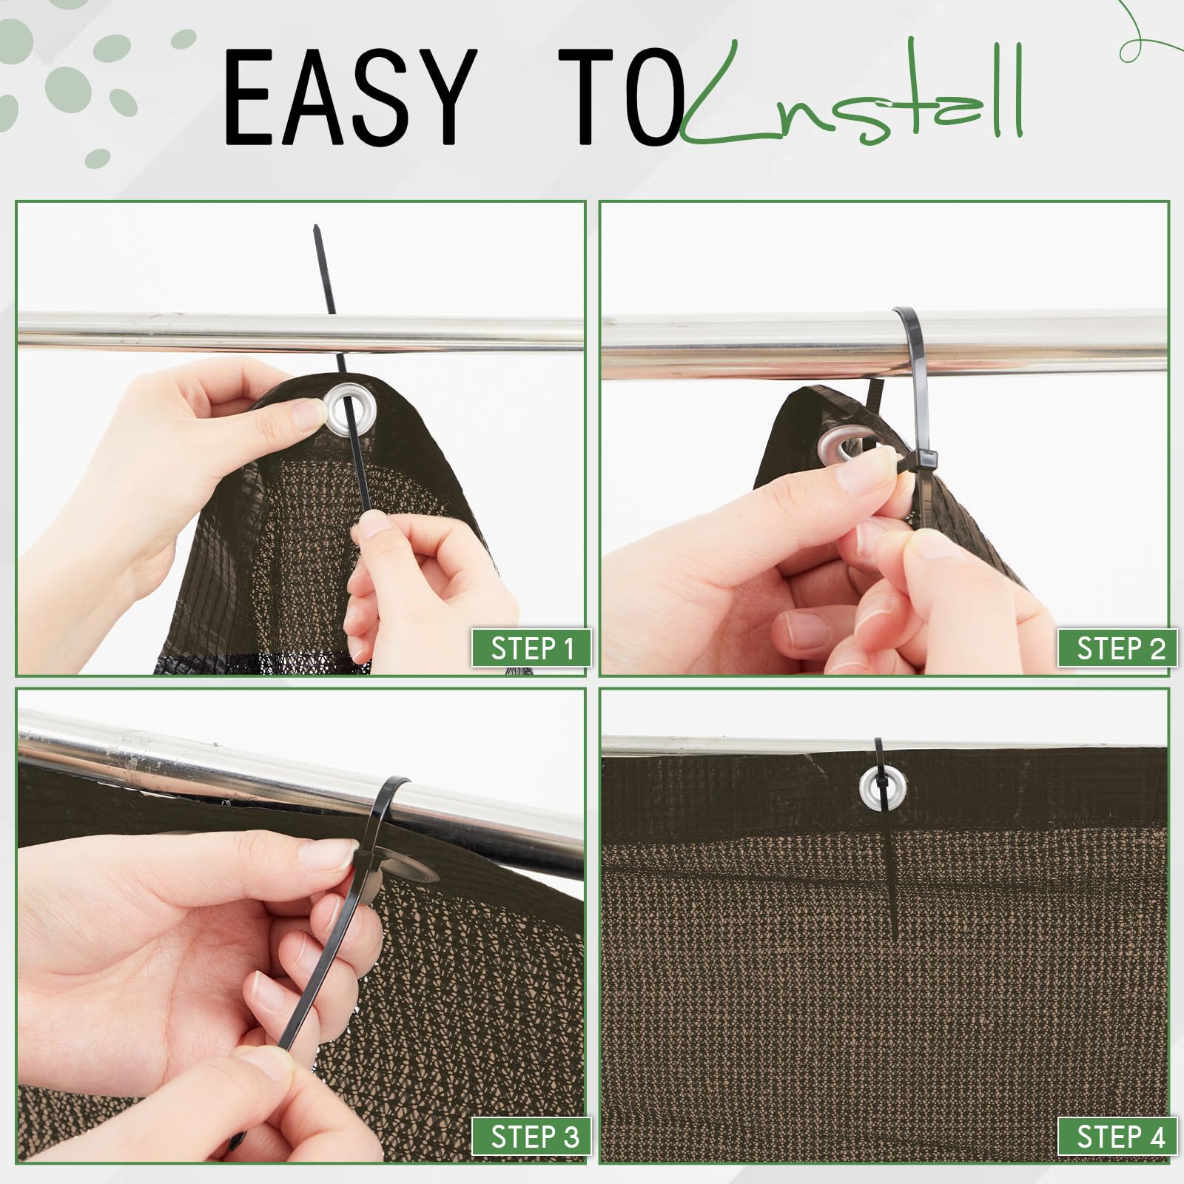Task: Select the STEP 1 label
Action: (532, 648)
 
